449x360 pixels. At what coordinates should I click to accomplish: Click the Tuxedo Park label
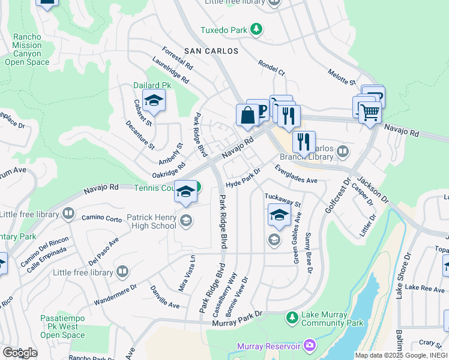(223, 29)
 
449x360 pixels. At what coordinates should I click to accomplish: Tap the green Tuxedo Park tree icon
(256, 29)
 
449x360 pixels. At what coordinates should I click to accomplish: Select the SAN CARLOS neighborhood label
(211, 51)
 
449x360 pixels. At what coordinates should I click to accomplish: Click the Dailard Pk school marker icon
(154, 102)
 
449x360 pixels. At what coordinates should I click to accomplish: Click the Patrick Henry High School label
(151, 221)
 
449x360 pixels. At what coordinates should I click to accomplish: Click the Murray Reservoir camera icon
(309, 345)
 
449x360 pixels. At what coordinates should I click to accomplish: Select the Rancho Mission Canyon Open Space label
(28, 49)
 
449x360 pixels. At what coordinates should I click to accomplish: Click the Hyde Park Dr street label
(243, 179)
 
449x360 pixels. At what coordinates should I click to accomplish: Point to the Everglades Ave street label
(295, 175)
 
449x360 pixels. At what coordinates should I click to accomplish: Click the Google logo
(19, 352)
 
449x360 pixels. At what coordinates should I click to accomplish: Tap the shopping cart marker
(370, 111)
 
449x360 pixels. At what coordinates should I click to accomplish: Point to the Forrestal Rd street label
(176, 57)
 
